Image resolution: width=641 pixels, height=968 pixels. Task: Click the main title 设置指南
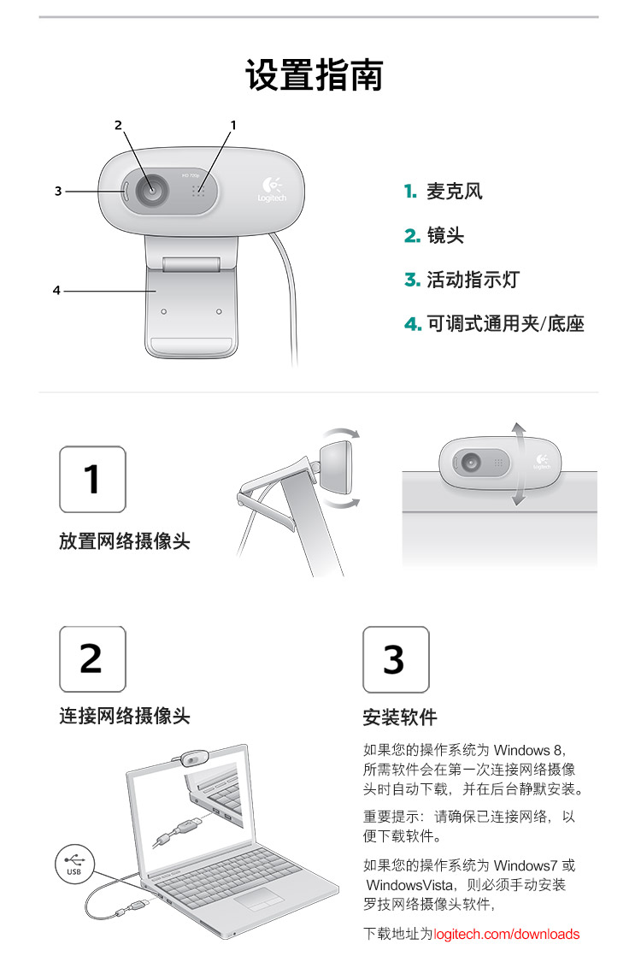(x=315, y=75)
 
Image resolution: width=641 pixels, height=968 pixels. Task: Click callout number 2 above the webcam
(x=119, y=126)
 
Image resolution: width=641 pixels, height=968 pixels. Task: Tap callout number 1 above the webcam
(x=233, y=126)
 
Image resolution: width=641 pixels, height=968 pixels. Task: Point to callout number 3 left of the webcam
(x=58, y=192)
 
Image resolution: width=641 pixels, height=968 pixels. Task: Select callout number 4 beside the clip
(x=56, y=290)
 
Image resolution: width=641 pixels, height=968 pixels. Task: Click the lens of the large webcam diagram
(x=151, y=190)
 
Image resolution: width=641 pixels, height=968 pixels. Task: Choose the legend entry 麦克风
(x=444, y=192)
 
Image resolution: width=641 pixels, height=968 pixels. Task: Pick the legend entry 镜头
(x=434, y=235)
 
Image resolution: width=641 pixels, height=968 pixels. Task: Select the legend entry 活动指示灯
(x=462, y=280)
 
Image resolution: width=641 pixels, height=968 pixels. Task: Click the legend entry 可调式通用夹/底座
(x=494, y=323)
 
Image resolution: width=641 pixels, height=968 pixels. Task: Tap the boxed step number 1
(x=92, y=480)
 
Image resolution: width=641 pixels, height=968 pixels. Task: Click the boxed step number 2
(x=92, y=659)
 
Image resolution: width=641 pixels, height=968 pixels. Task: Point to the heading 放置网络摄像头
(x=125, y=541)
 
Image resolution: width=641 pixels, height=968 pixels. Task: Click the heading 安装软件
(x=400, y=717)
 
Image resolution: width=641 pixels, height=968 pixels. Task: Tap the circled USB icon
(x=74, y=863)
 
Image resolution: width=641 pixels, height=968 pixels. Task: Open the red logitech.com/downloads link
(x=507, y=934)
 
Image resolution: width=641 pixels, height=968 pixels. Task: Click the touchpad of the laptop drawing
(x=259, y=898)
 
